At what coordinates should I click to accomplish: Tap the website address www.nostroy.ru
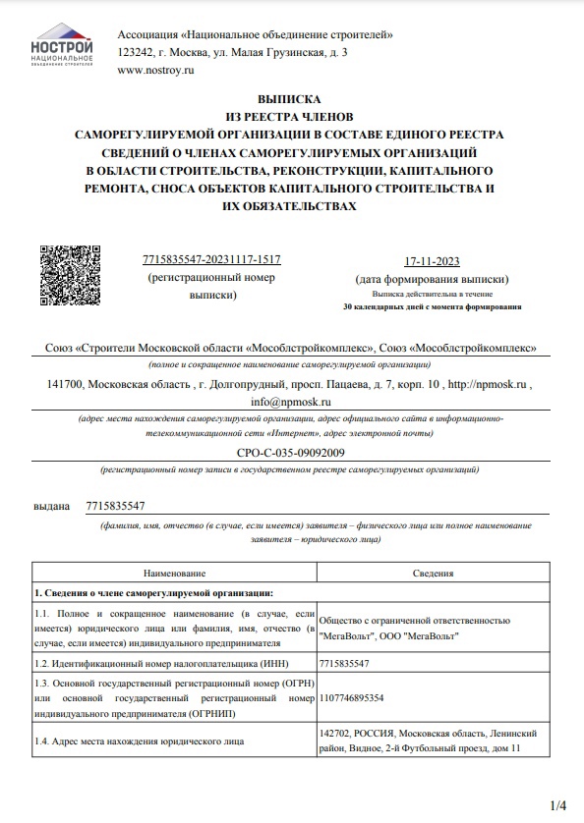(x=155, y=70)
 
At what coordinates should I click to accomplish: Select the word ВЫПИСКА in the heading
(x=291, y=99)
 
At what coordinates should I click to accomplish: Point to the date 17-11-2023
(x=432, y=261)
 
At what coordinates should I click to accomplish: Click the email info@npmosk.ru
(x=291, y=402)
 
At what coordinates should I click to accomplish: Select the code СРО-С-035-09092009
(x=291, y=452)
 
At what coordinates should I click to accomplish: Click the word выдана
(x=52, y=506)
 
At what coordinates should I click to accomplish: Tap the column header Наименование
(x=174, y=572)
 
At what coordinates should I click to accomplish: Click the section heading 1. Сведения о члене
(x=153, y=593)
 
